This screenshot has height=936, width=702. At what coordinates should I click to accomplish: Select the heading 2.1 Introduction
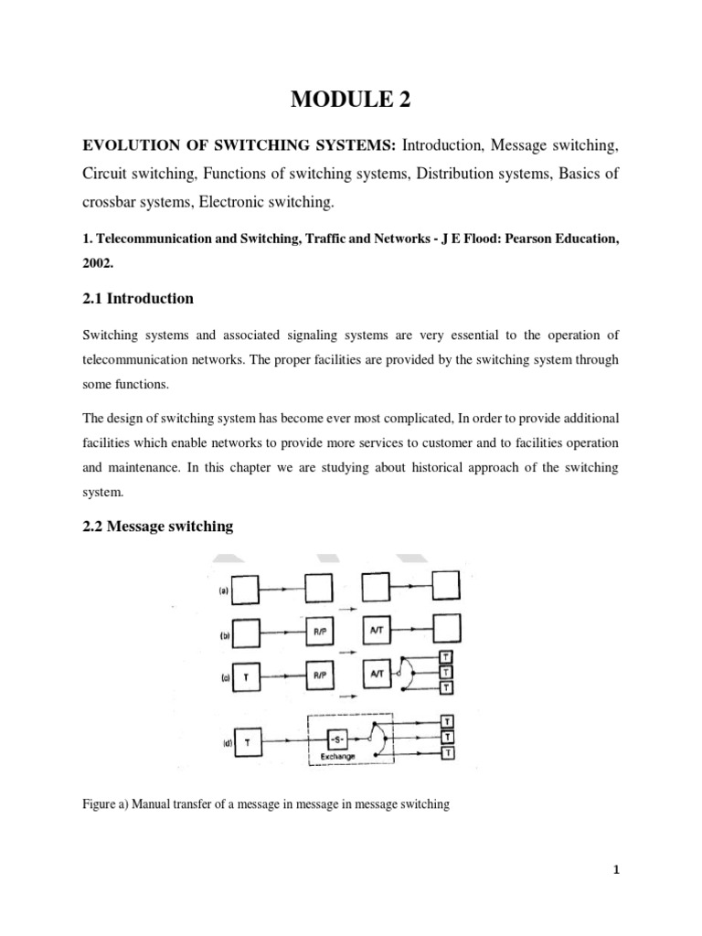coord(138,298)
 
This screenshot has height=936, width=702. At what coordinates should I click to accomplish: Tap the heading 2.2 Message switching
coord(158,526)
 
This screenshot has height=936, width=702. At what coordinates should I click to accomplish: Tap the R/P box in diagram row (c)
coord(318,674)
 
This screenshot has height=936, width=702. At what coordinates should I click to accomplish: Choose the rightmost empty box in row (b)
coord(445,629)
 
